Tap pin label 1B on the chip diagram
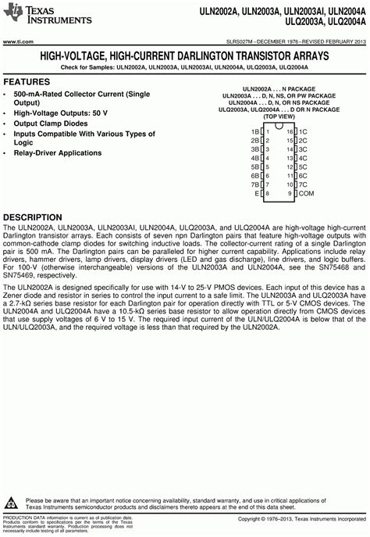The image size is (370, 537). coord(254,131)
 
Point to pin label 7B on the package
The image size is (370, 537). coord(254,184)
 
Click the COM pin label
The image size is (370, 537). coord(307,192)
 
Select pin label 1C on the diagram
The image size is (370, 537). coord(303,131)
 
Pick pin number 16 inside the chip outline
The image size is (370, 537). coord(289,131)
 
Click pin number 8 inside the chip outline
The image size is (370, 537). coord(267,192)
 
